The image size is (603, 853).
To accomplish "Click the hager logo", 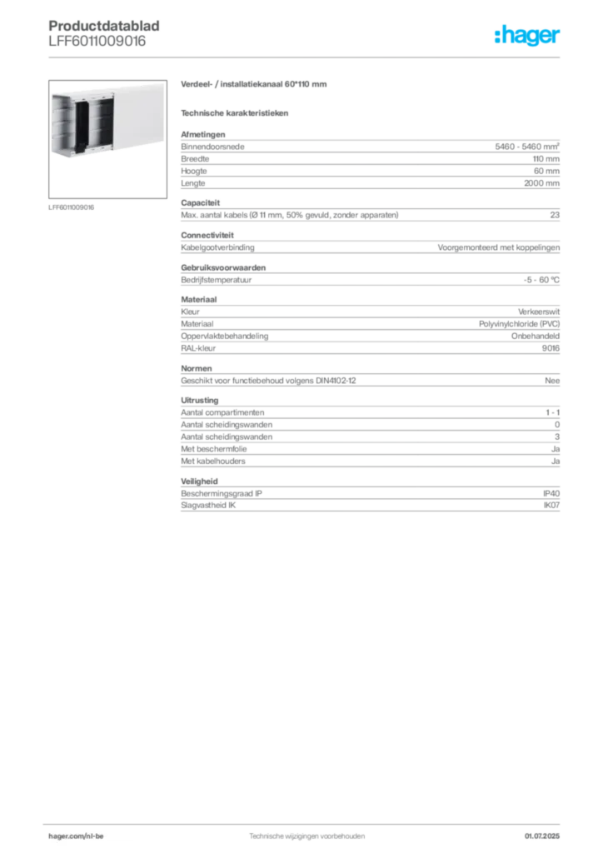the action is point(526,35).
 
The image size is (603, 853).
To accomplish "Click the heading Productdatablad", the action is point(104,26).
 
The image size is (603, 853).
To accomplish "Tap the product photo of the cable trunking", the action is point(107,139).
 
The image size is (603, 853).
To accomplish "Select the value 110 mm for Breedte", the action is point(546,159).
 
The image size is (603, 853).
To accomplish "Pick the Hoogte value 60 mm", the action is point(546,171).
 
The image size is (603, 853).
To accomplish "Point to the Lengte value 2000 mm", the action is point(541,183).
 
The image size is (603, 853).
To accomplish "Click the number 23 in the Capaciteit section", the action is point(555,215).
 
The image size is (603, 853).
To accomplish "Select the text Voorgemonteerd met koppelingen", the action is point(499,247).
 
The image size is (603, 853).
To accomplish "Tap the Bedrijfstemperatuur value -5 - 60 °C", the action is point(541,280).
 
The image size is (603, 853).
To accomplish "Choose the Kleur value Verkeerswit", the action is point(539,312).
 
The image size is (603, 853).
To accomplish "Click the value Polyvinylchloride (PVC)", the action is point(519,324).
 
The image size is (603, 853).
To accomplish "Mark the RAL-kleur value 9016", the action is point(551,348).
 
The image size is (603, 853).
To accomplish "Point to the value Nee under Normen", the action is point(552,381).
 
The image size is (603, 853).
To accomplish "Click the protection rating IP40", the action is point(551,493).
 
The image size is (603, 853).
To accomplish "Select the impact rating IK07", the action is point(551,506).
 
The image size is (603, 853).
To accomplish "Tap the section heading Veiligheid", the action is point(199,481).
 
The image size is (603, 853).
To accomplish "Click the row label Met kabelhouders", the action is point(213,461).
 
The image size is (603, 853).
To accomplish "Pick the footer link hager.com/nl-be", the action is point(76,836).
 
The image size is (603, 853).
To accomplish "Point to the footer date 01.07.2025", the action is point(542,836).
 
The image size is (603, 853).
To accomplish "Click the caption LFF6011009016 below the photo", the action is point(72,207).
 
